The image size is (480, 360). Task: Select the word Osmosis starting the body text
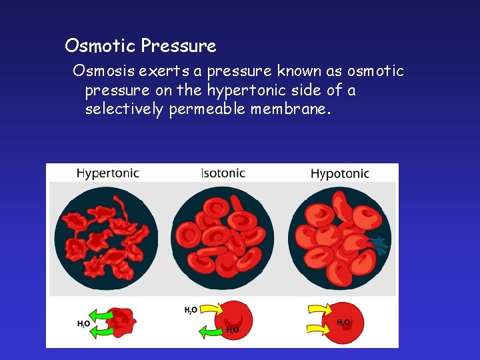104,71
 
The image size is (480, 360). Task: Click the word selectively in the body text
124,109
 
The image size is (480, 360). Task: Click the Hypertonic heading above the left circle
107,173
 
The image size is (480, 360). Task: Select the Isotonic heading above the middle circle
223,173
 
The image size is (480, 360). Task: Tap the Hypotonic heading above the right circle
339,174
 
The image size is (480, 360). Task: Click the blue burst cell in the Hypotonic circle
379,245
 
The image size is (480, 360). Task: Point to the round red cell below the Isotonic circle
234,319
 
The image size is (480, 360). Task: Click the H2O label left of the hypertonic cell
83,324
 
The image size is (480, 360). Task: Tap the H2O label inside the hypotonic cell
343,323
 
